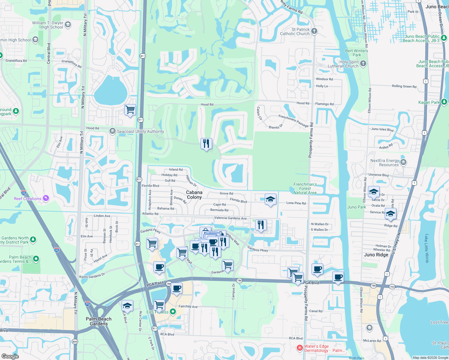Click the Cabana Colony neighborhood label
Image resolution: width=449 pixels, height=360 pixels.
(194, 195)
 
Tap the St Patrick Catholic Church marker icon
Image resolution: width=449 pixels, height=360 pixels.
(314, 31)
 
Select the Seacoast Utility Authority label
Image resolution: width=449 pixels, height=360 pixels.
(140, 131)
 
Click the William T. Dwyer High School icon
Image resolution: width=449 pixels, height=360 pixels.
(68, 25)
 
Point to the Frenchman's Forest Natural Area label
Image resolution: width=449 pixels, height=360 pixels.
(305, 188)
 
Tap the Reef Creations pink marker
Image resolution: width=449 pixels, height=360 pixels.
(46, 198)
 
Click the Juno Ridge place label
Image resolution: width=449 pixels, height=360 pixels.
(376, 255)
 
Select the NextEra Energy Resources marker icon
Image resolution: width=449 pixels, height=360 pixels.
(403, 162)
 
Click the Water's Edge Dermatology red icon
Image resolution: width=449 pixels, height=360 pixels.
(300, 348)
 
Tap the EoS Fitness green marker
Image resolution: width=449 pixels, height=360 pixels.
(173, 312)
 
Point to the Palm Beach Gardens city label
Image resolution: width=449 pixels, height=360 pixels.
(98, 321)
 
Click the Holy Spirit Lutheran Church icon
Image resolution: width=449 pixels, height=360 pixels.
(363, 63)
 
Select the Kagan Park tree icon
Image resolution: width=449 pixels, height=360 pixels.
(444, 102)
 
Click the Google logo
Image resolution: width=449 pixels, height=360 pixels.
(10, 356)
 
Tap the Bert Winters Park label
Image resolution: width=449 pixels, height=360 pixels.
(357, 53)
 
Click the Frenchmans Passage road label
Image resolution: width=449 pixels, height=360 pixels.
(293, 121)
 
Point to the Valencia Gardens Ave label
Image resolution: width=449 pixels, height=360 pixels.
(231, 218)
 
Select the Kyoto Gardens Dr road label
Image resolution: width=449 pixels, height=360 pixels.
(92, 276)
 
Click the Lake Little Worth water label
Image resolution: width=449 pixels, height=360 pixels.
(426, 248)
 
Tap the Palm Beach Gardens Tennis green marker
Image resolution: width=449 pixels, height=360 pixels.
(36, 259)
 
